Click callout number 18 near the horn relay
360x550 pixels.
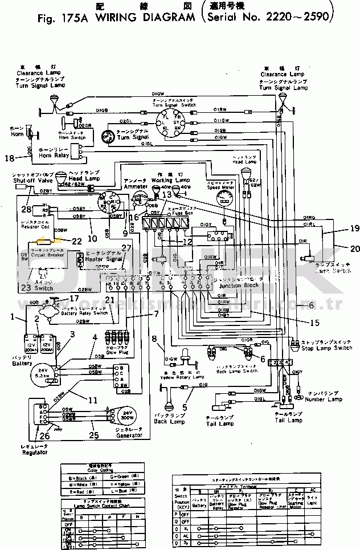(9, 158)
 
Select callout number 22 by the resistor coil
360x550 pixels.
(76, 241)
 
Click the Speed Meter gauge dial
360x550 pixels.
(224, 200)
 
